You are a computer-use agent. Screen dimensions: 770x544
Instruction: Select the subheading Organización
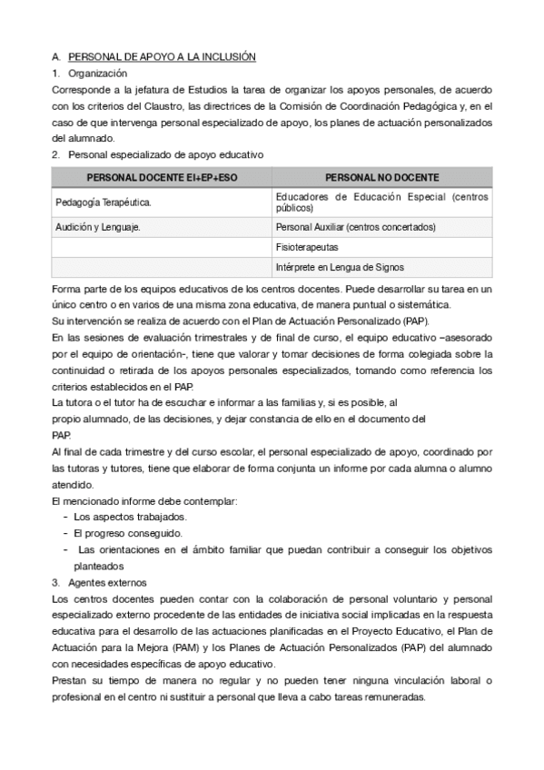(97, 73)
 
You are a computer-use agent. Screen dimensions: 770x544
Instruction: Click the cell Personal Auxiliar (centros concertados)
(355, 226)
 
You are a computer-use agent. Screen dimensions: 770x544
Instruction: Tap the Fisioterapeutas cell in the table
(307, 246)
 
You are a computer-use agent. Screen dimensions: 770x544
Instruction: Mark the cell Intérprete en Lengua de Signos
(340, 267)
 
